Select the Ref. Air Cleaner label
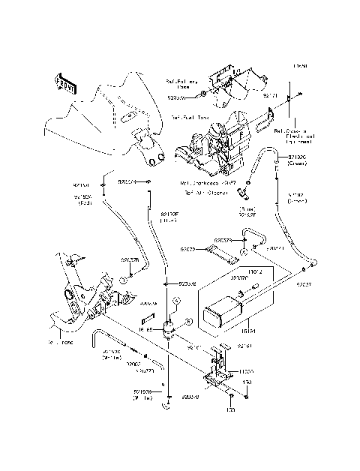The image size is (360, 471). click(200, 192)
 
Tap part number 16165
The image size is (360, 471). click(145, 328)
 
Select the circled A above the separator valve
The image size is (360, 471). click(176, 299)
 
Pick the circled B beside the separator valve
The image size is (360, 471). click(188, 320)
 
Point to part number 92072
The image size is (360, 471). click(187, 248)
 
